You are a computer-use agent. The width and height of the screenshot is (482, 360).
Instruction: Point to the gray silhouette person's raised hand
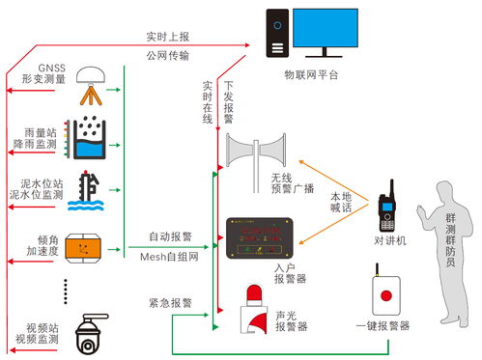point(420,208)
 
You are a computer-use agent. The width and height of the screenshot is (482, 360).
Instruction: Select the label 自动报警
point(169,235)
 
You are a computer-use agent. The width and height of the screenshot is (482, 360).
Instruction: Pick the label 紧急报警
point(169,302)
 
